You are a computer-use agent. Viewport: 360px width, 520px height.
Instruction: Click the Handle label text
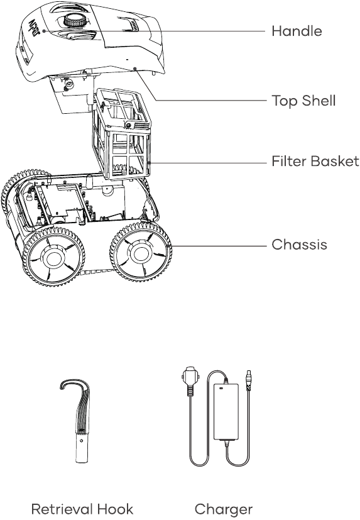(297, 31)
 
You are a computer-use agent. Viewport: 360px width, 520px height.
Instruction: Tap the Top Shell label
(303, 101)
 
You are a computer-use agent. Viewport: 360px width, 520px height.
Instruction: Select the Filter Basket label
(315, 162)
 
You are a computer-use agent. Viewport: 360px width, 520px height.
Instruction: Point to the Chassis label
(299, 245)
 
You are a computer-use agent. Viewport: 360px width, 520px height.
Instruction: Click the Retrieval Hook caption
(82, 509)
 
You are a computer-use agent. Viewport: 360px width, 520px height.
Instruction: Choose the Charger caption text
(224, 509)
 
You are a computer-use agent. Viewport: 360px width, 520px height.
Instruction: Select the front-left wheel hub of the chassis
(53, 258)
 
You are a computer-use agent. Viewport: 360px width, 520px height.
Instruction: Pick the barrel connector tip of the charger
(248, 379)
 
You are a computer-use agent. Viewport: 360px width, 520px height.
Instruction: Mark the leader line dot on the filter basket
(150, 163)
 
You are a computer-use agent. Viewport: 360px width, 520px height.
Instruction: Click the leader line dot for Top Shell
(135, 69)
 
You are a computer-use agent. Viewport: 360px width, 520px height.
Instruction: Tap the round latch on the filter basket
(128, 125)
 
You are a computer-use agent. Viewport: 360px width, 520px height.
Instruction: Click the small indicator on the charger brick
(221, 388)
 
